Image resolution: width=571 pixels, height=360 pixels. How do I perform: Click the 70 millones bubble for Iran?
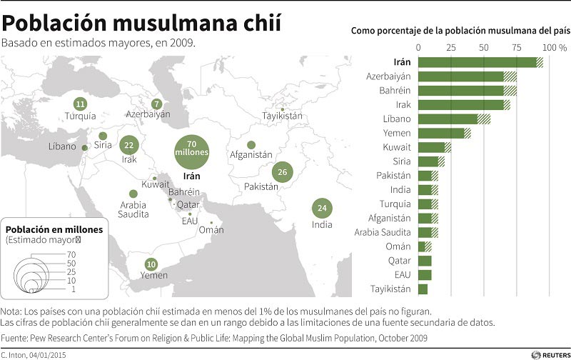[x=191, y=149]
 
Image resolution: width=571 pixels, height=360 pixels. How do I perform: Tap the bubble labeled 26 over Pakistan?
[x=283, y=172]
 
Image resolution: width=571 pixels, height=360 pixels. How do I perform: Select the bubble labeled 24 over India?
[x=322, y=209]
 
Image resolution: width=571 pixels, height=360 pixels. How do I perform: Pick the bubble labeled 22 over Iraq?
[x=129, y=145]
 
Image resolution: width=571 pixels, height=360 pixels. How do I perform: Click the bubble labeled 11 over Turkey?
[x=80, y=104]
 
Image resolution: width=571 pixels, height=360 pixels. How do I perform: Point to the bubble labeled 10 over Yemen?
[x=151, y=264]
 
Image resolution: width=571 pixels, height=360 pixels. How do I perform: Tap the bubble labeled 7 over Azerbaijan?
[x=157, y=104]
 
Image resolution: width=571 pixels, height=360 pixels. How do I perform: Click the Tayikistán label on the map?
[x=282, y=116]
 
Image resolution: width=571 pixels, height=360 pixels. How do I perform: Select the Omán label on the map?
[x=211, y=229]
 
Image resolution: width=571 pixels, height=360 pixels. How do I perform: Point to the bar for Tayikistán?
[x=423, y=289]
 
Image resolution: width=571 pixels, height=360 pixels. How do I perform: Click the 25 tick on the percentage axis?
[x=451, y=47]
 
